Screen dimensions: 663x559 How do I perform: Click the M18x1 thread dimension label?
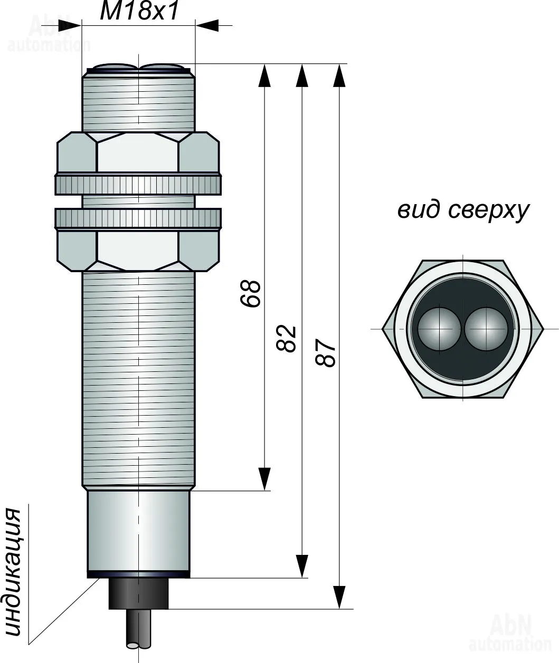[139, 11]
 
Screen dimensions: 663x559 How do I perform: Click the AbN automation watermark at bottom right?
[509, 633]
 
